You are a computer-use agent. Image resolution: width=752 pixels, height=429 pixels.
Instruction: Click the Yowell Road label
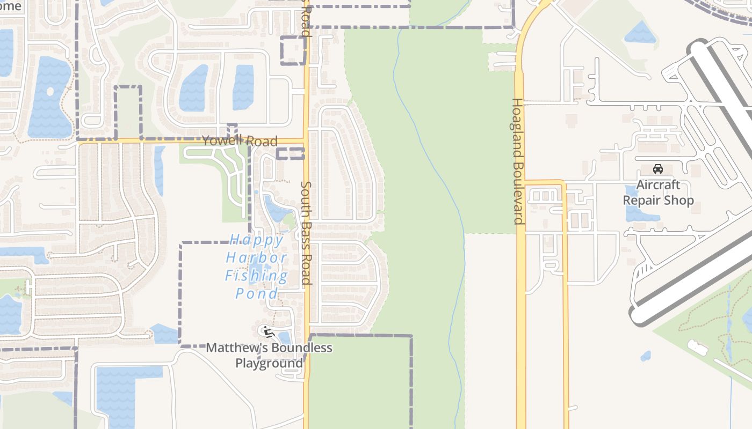(240, 141)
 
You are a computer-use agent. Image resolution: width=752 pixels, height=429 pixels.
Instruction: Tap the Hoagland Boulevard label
(518, 161)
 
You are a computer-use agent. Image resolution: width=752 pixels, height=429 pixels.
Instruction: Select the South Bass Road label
(306, 233)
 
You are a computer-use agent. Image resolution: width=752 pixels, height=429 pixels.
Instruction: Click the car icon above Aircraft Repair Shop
(658, 169)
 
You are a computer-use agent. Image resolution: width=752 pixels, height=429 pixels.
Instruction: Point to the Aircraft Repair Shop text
(658, 193)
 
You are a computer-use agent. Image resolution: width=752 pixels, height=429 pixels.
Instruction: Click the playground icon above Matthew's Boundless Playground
(267, 331)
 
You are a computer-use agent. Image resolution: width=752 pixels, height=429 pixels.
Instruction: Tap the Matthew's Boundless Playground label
(269, 355)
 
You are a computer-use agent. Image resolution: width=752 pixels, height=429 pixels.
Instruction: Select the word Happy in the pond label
(256, 239)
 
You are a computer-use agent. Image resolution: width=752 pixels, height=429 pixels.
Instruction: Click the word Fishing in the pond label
(256, 276)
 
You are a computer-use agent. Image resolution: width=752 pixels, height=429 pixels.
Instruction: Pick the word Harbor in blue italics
(256, 257)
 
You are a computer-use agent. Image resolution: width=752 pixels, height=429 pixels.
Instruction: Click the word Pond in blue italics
(256, 293)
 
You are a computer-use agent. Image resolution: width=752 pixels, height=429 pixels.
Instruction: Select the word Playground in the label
(269, 363)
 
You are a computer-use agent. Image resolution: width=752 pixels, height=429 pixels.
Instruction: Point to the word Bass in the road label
(306, 228)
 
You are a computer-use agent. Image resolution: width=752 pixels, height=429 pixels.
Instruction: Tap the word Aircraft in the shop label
(658, 185)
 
